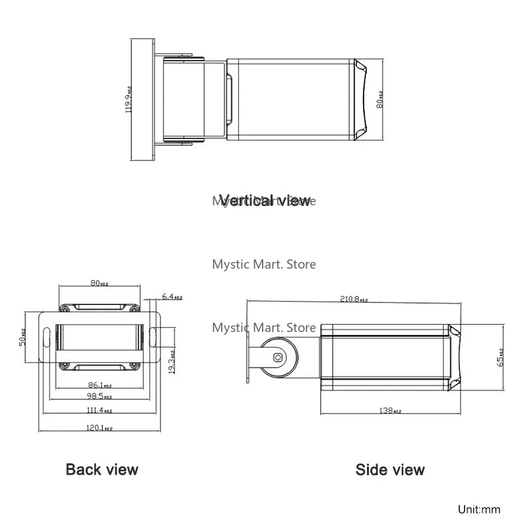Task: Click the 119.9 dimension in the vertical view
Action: (129, 99)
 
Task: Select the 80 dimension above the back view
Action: (100, 284)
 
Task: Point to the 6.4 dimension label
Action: (173, 298)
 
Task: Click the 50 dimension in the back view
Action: (22, 337)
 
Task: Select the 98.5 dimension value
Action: (100, 396)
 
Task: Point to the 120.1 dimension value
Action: (100, 427)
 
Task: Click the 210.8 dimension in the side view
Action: (353, 299)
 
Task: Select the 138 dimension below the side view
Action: (389, 411)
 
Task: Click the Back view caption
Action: (102, 470)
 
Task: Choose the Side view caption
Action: (390, 470)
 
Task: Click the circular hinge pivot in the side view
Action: (279, 357)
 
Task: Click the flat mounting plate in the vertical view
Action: (143, 100)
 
